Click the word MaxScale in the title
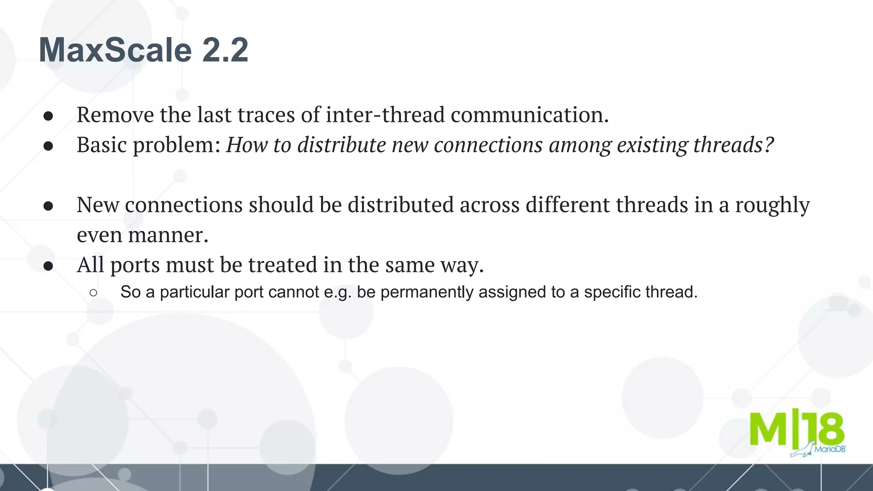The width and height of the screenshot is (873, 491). [115, 50]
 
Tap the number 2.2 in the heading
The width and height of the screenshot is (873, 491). [225, 50]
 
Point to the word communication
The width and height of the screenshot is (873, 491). [529, 115]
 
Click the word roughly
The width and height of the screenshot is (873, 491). [772, 205]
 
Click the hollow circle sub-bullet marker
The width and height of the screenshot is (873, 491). [94, 293]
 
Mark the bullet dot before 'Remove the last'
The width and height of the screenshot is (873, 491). [48, 116]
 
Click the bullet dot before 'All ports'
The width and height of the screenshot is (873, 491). [48, 266]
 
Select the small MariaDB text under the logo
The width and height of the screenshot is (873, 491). [830, 449]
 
